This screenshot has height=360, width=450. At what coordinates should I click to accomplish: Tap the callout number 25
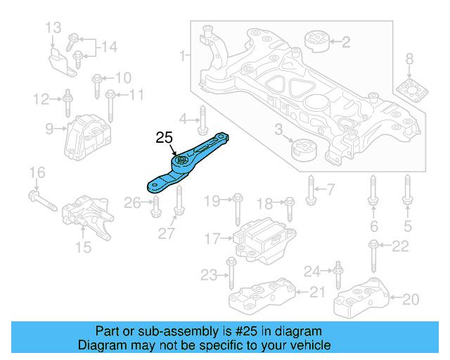164,139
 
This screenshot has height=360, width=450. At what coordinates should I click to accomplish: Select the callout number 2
345,43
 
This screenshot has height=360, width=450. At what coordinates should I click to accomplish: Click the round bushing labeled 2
316,41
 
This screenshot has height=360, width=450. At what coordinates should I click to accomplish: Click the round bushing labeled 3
304,150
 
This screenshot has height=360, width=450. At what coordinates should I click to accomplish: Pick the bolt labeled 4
202,117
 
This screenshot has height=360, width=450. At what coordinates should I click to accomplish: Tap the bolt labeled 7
310,188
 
